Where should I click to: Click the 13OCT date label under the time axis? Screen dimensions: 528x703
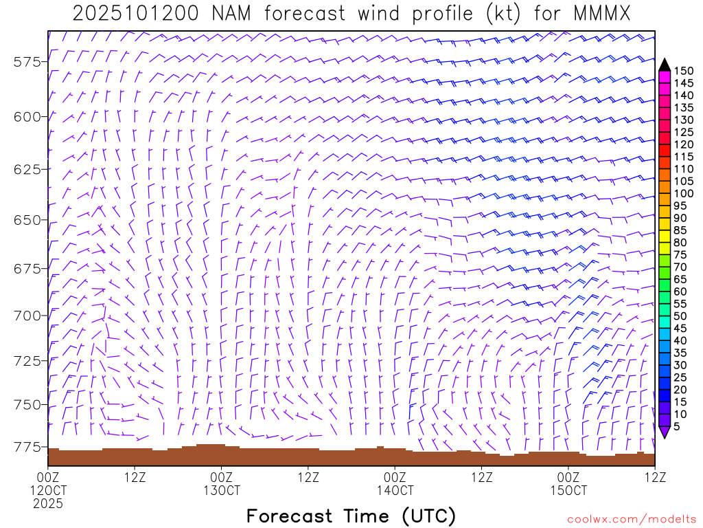coord(222,490)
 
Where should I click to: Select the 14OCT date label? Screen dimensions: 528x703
coord(395,490)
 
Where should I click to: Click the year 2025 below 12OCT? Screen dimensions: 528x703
coord(48,503)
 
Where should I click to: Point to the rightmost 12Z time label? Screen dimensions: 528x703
coord(655,476)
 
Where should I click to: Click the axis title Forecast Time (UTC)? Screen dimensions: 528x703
coord(351,516)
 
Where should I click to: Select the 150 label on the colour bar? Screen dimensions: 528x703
coord(683,70)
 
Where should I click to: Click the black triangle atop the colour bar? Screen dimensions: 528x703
coord(664,64)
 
